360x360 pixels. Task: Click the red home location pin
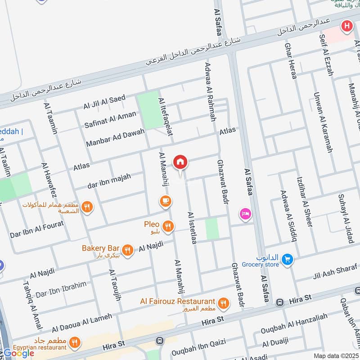pos(180,162)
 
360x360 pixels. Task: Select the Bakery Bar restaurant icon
pos(128,250)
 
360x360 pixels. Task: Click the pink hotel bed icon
pos(245,213)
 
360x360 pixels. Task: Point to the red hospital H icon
pos(346,26)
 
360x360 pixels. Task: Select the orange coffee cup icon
pos(165,201)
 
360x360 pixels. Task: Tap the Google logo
pos(19,353)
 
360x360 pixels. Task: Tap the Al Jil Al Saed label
pos(104,102)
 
